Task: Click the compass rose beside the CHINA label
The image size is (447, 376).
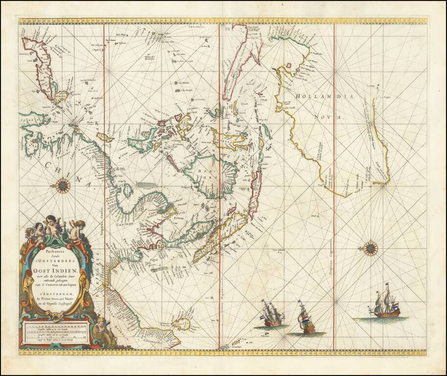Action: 63,185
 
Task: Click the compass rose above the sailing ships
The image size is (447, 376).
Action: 371,248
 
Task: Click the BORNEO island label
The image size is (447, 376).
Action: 211,173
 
